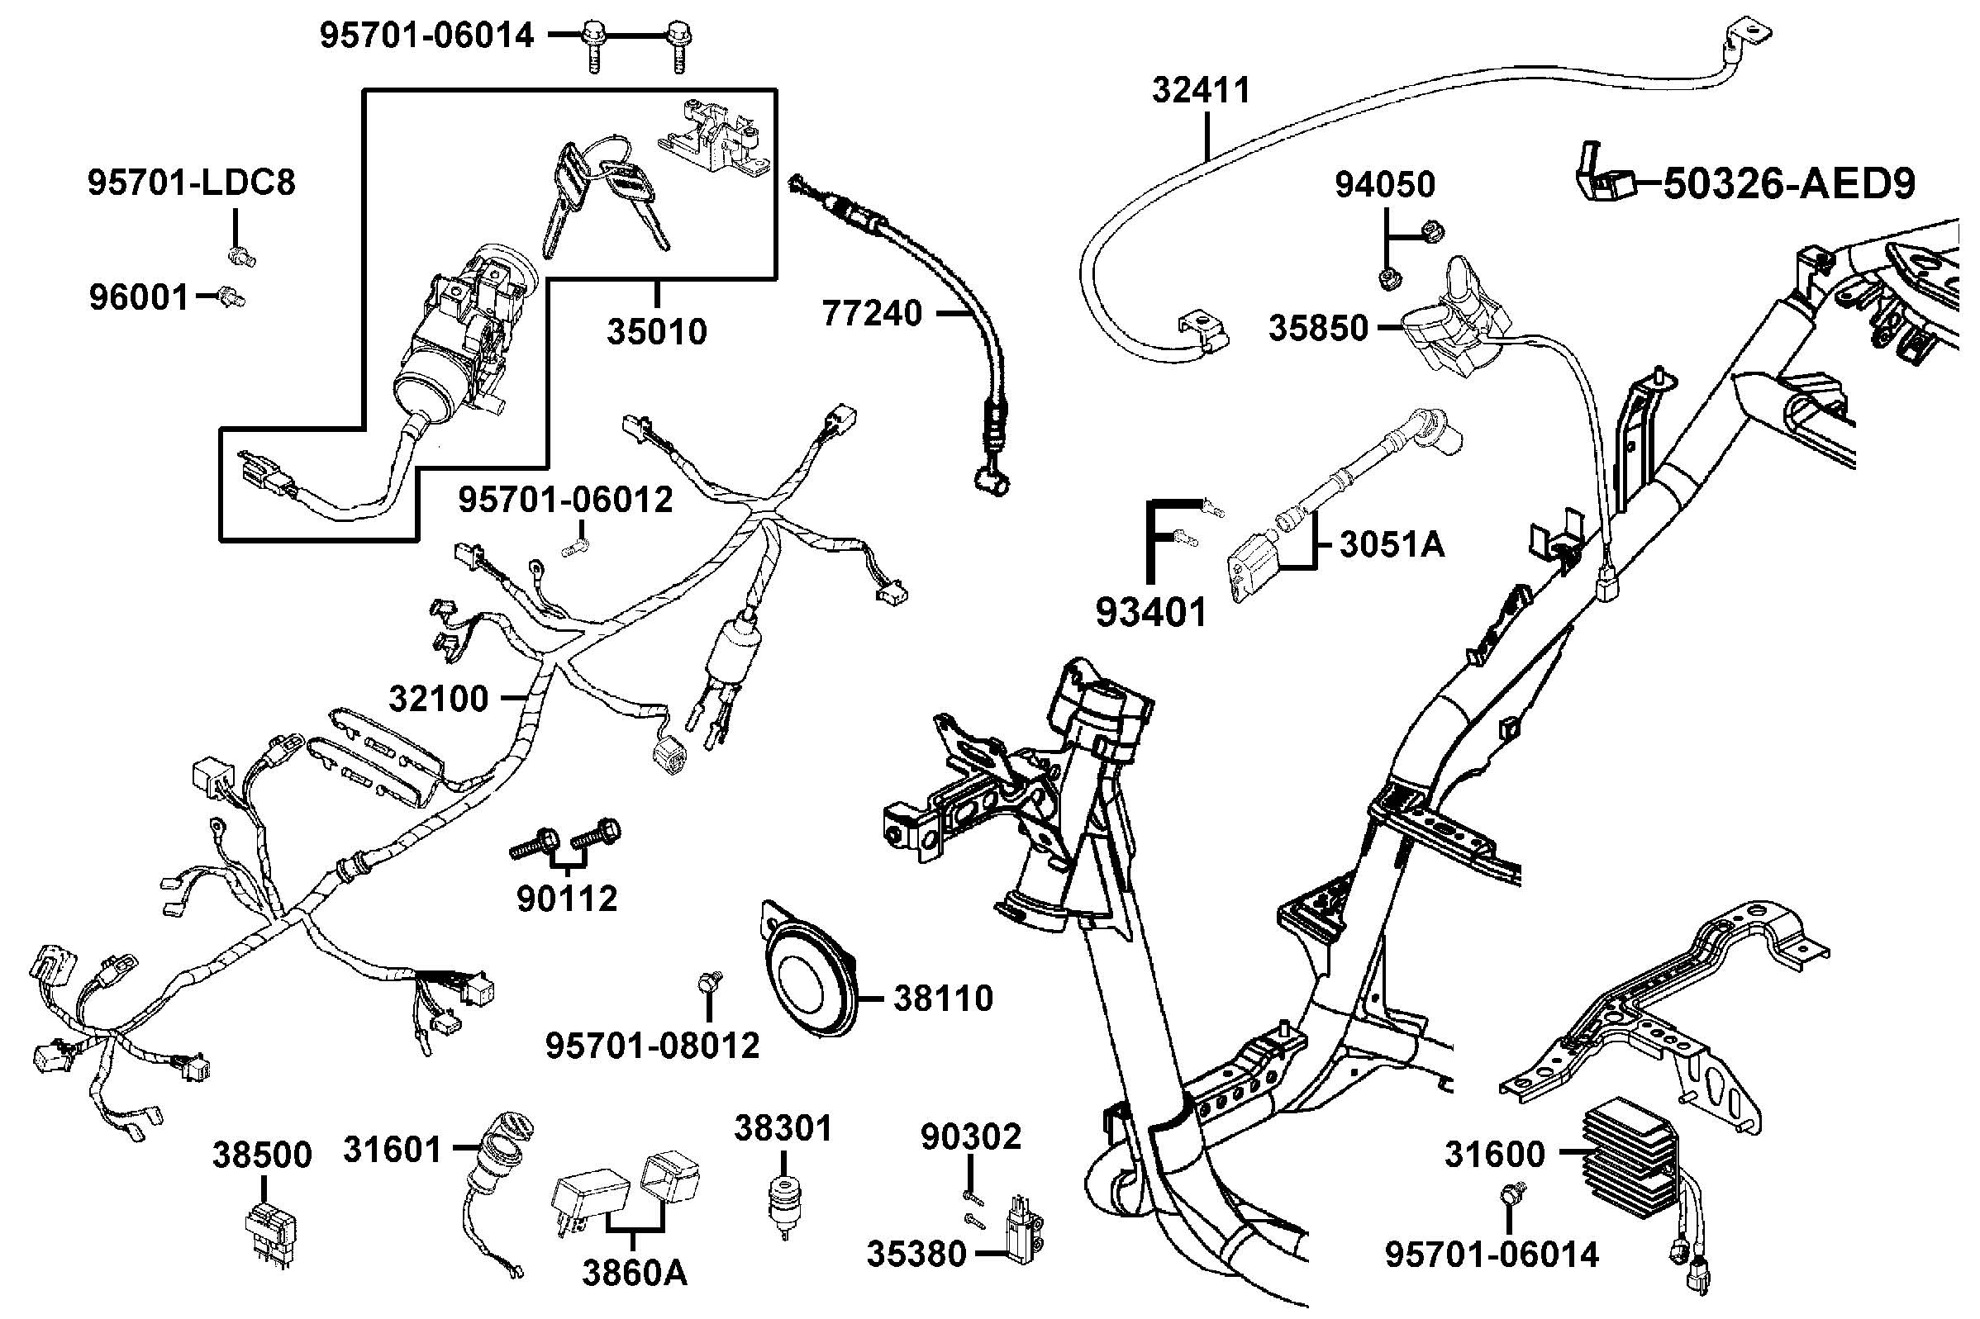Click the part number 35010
click(x=656, y=332)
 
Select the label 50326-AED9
click(x=1789, y=184)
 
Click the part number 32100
click(x=439, y=699)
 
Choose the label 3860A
click(x=635, y=1273)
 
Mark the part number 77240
click(x=872, y=314)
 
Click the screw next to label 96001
click(x=230, y=297)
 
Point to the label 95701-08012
click(x=652, y=1046)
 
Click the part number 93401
click(x=1150, y=612)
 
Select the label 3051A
click(x=1392, y=545)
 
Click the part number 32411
click(x=1201, y=90)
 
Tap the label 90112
click(x=566, y=899)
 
